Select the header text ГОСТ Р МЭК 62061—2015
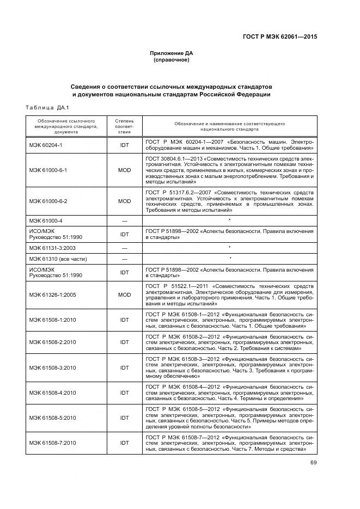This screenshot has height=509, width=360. pos(279,37)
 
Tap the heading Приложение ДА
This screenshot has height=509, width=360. pos(172,53)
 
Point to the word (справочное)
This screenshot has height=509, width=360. pos(172,60)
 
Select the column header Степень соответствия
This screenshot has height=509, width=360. pos(125,125)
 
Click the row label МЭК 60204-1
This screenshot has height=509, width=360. pos(46,145)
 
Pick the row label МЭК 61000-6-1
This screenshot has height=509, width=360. pos(48,170)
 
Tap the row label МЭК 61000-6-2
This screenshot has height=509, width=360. pos(48,201)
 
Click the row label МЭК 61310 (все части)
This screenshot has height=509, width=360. pos(58,258)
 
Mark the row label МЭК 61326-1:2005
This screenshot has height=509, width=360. pos(53,295)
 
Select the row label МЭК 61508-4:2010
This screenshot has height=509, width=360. pos(53,391)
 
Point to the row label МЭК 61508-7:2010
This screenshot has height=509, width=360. pos(53,443)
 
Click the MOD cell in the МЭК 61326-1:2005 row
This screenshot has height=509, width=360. pos(125,295)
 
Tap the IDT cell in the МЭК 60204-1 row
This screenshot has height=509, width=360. pos(125,145)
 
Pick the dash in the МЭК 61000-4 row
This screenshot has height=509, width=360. pos(125,220)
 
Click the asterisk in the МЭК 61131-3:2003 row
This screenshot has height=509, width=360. pos(230,248)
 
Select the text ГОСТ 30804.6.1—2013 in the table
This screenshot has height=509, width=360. pos(172,158)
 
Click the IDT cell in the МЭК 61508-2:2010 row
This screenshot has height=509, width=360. pos(125,342)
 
